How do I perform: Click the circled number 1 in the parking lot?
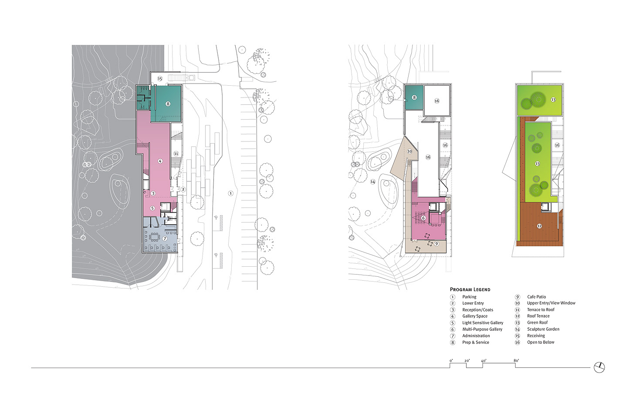pos(230,193)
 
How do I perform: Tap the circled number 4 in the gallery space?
pos(160,161)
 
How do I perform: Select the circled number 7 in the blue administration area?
pos(165,239)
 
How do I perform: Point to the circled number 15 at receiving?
pos(160,78)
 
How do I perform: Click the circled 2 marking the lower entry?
pos(183,190)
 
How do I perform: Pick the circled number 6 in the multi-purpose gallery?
pos(423,218)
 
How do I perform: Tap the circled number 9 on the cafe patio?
pos(436,244)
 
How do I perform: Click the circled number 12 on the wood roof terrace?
pos(539,226)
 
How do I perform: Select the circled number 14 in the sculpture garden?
pos(372,182)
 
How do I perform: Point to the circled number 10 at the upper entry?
pos(410,151)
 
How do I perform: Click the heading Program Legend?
pos(470,289)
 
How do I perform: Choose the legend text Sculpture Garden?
pos(543,329)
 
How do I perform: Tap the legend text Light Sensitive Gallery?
pos(483,322)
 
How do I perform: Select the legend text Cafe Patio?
pos(536,297)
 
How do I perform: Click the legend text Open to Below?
pos(541,342)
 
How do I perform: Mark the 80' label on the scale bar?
pos(516,360)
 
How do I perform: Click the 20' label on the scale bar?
pos(467,361)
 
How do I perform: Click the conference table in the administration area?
pos(155,237)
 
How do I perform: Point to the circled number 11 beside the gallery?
pos(176,154)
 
